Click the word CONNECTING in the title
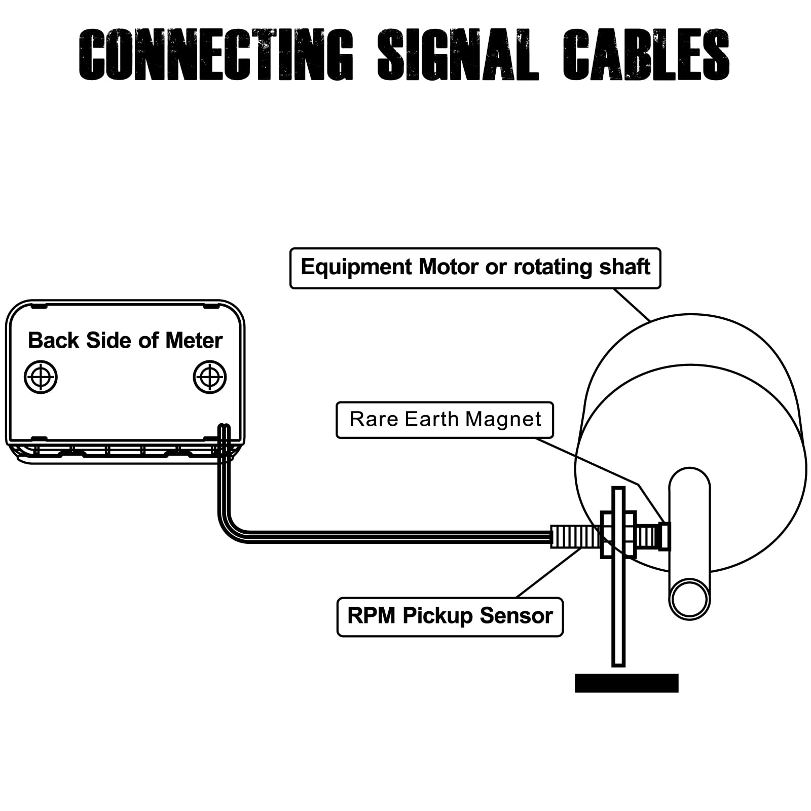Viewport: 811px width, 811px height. (x=216, y=55)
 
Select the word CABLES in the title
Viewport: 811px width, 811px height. (x=646, y=55)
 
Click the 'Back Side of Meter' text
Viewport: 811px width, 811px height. (x=125, y=341)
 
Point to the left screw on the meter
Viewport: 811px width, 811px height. (x=41, y=377)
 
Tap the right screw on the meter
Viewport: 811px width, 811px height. (x=210, y=377)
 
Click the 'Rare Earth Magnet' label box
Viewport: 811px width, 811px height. (x=445, y=420)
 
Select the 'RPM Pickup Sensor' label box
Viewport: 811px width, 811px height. (x=450, y=617)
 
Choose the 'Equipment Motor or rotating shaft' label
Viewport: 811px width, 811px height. (x=475, y=268)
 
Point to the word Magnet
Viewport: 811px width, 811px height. (x=503, y=420)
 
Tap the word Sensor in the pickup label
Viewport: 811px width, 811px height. (x=516, y=616)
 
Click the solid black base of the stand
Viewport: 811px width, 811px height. (x=626, y=683)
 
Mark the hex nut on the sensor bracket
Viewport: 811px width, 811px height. (x=618, y=535)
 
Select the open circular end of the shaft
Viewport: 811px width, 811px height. (x=689, y=598)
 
